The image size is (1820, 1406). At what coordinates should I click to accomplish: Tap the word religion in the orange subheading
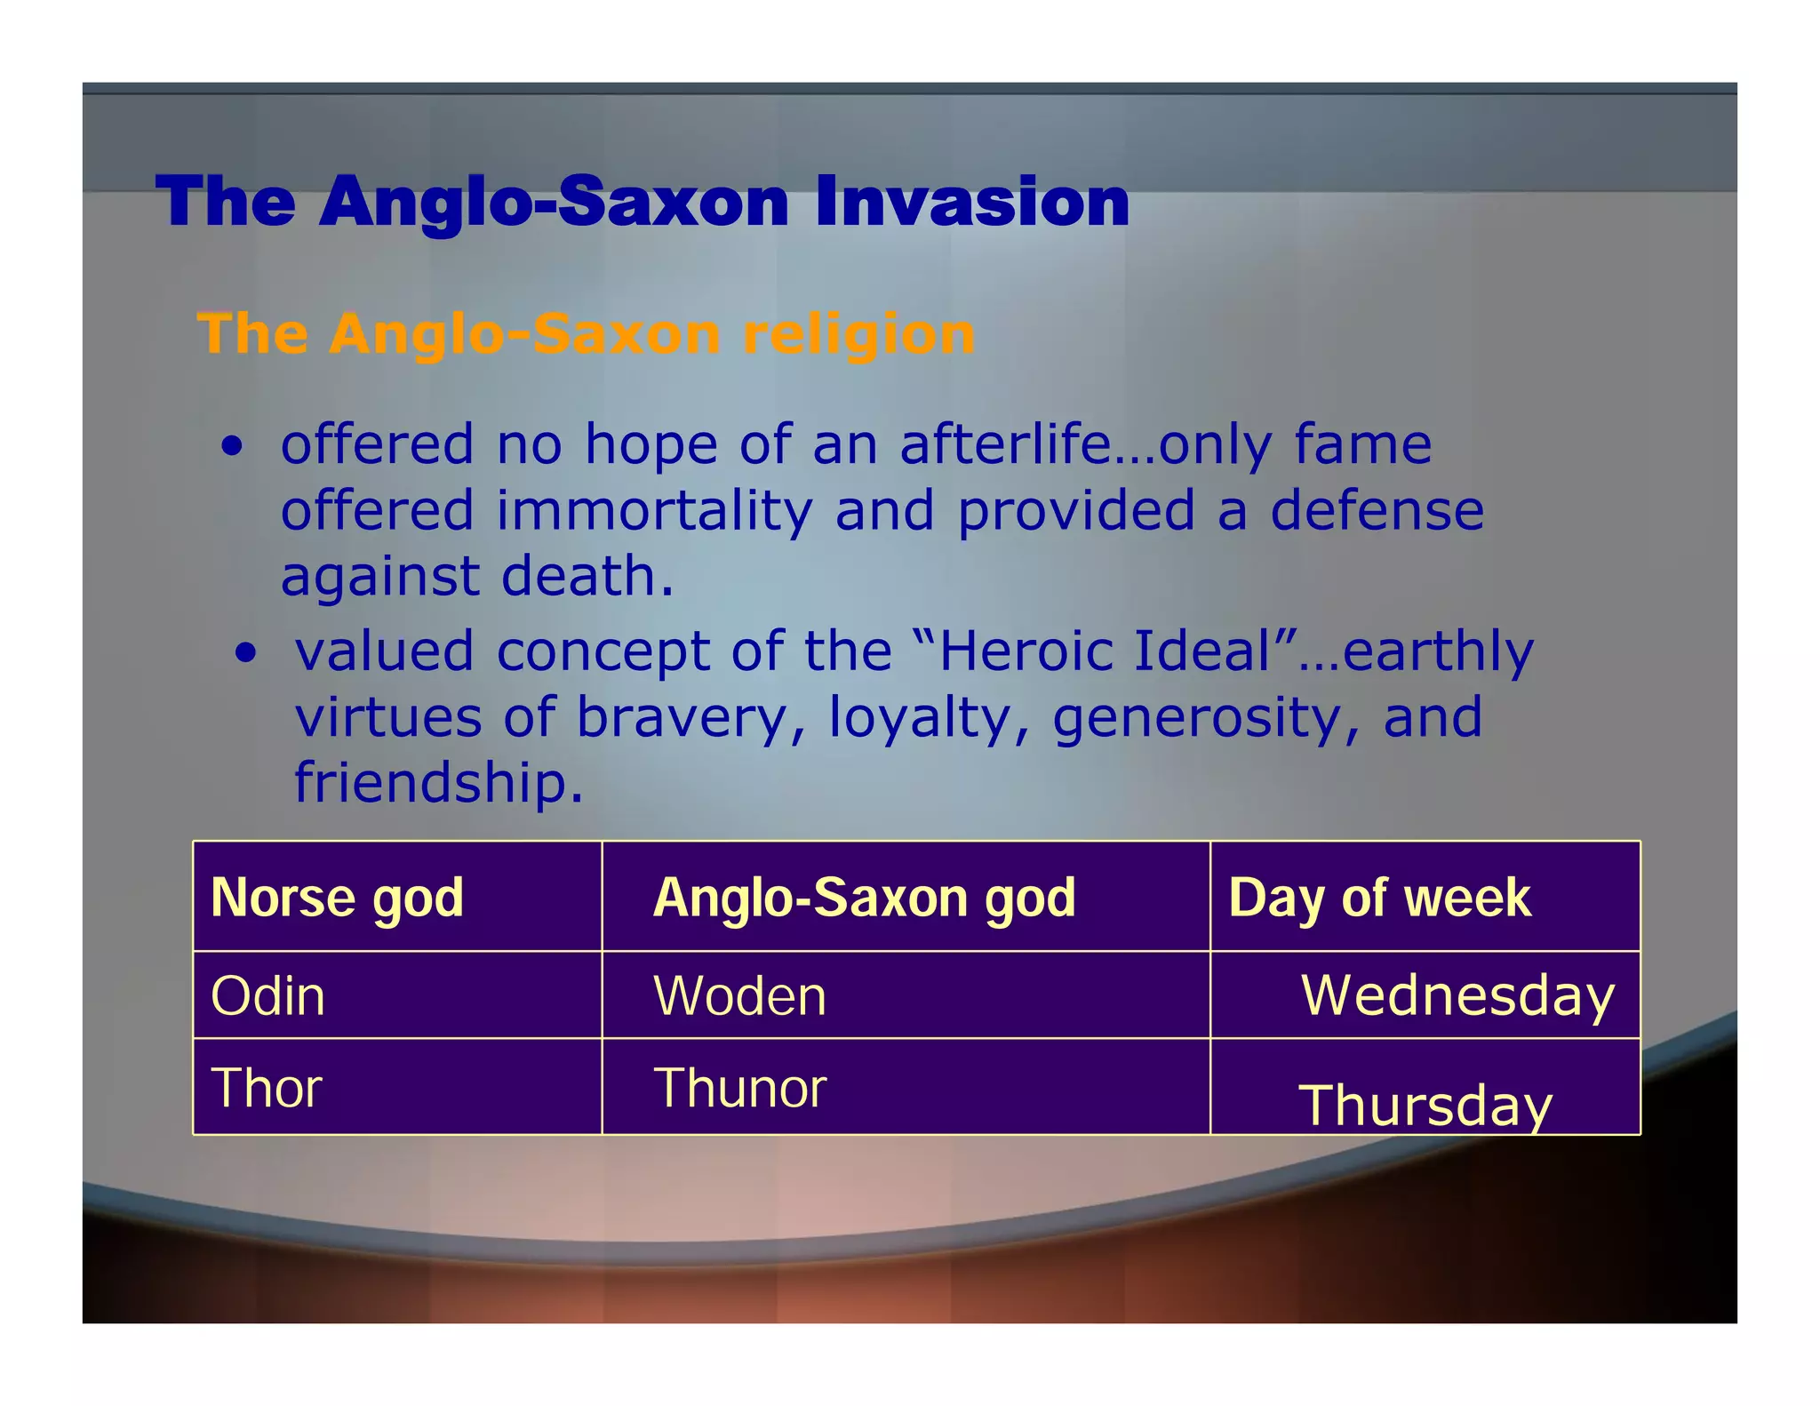coord(858,336)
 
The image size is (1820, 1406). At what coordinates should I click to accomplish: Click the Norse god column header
coord(337,898)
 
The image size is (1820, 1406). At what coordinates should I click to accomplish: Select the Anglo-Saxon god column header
coord(864,898)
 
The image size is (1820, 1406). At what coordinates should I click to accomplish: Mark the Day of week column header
coord(1379,898)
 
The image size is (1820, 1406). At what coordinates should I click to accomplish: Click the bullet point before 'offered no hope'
coord(232,447)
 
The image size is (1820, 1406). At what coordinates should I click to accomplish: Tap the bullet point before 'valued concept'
coord(245,654)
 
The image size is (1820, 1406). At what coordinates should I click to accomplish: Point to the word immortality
coord(654,511)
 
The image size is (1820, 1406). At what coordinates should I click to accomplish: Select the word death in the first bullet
coord(587,577)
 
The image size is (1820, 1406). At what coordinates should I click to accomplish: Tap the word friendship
coord(438,783)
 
